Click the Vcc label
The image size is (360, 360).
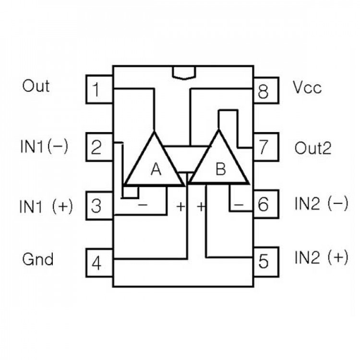(x=307, y=88)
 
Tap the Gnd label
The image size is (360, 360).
(x=37, y=260)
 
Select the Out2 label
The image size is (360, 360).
(x=312, y=148)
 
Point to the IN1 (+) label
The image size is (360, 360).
(x=46, y=206)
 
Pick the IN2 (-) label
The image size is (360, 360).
(x=321, y=204)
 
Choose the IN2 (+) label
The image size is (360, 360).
(x=321, y=258)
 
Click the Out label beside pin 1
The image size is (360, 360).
(x=36, y=86)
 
